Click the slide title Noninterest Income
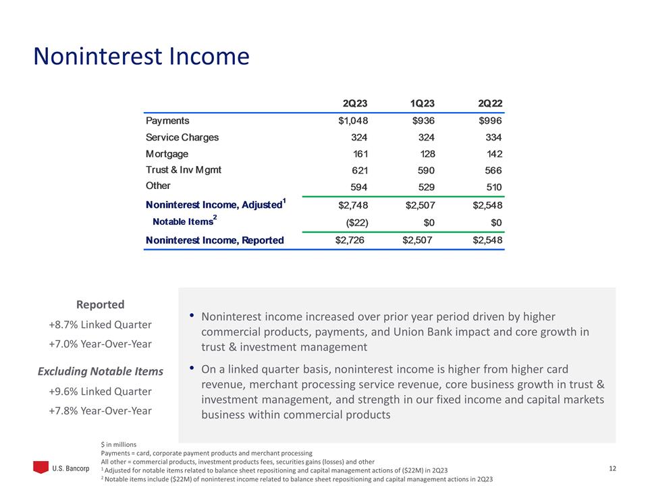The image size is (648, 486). click(x=142, y=57)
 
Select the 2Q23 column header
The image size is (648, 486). click(x=354, y=103)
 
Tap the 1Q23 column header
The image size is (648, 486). click(x=422, y=103)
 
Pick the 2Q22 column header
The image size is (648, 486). click(x=489, y=103)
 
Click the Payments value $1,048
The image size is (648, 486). click(x=352, y=121)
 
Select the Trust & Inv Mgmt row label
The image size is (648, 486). click(x=184, y=170)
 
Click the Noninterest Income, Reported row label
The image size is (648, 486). click(x=215, y=240)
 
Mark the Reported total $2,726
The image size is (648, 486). click(x=350, y=240)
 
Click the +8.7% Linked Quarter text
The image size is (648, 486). click(x=100, y=325)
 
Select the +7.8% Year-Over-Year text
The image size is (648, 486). click(x=100, y=410)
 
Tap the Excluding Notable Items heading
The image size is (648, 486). click(x=100, y=371)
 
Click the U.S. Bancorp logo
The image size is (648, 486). click(x=61, y=468)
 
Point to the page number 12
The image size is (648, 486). click(x=613, y=468)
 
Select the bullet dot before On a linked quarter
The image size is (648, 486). click(x=192, y=369)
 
